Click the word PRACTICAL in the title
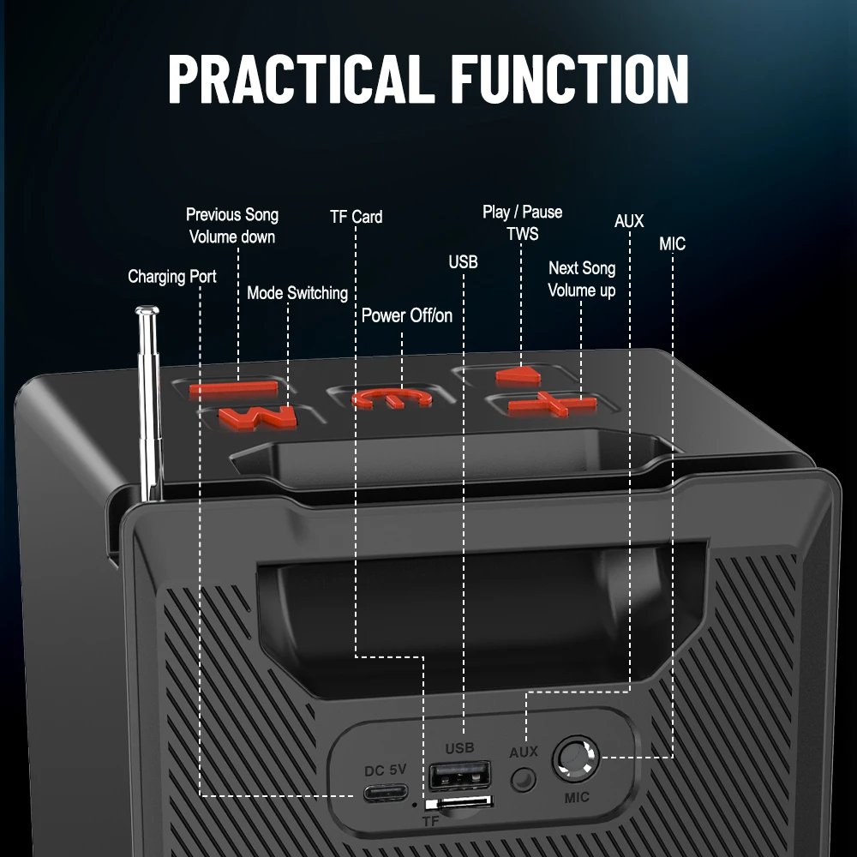[297, 79]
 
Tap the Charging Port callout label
[172, 277]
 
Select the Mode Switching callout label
[297, 293]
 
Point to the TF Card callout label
[357, 217]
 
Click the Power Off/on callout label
[407, 315]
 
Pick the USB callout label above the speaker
[464, 262]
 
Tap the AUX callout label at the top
[629, 221]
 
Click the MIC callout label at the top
[672, 243]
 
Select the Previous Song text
[232, 215]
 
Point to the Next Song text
[582, 268]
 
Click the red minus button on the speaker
[233, 390]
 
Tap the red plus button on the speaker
[552, 404]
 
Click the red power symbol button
[392, 399]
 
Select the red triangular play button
[518, 375]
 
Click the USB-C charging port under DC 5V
[386, 792]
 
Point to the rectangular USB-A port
[459, 775]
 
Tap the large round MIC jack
[576, 758]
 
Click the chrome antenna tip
[147, 311]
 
